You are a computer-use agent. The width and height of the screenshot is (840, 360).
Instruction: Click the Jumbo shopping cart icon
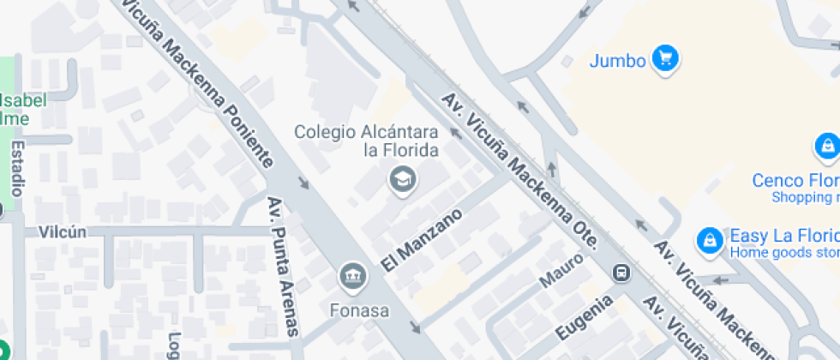(x=665, y=59)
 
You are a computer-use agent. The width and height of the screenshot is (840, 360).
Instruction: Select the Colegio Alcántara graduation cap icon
(x=400, y=180)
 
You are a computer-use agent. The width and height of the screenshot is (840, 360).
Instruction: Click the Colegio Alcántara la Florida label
(x=366, y=141)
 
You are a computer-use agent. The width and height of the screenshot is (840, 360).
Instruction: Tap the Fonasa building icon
(x=351, y=276)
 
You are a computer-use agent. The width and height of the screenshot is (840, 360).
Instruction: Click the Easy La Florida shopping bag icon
(x=709, y=241)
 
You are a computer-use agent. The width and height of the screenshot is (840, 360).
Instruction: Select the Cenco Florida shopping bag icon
(x=826, y=147)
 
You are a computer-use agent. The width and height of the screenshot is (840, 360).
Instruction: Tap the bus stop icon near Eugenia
(x=621, y=273)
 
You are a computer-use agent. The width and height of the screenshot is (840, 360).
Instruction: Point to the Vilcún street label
(x=63, y=231)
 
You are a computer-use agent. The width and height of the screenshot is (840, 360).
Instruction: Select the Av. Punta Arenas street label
(x=282, y=266)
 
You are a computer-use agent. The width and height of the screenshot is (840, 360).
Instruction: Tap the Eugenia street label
(x=584, y=317)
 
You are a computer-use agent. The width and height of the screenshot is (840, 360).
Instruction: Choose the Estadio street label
(x=16, y=171)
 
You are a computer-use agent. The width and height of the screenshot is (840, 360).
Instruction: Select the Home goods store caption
(x=783, y=253)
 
